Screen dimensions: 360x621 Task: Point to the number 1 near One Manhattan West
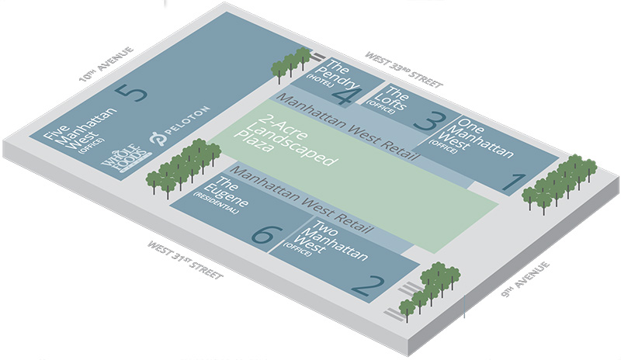pyautogui.click(x=513, y=183)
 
